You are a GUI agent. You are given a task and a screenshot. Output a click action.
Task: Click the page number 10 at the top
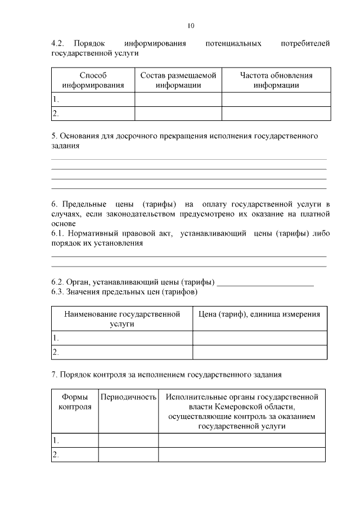(x=191, y=25)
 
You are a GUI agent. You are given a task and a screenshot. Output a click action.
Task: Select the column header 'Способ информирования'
(x=93, y=80)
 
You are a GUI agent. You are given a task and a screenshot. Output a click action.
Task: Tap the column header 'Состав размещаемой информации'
(x=178, y=80)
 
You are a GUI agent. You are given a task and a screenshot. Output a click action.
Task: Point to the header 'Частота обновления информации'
(x=276, y=80)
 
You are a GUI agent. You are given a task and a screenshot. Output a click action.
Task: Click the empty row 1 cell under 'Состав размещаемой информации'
(x=178, y=100)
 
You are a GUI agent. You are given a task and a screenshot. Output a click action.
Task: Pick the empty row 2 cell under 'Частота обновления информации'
(x=276, y=114)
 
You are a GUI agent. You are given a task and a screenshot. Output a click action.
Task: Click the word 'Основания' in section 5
(x=78, y=136)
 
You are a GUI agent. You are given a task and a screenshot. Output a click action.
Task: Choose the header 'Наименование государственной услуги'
(x=122, y=319)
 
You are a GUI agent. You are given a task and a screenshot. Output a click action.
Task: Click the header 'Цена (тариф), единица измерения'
(x=259, y=314)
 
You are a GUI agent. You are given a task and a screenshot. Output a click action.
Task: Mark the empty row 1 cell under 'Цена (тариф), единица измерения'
(x=259, y=338)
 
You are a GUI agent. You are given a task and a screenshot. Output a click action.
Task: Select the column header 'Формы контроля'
(x=75, y=402)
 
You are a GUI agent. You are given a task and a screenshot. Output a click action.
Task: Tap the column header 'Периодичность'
(x=128, y=397)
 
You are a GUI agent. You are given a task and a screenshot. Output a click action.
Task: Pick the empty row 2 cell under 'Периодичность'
(x=128, y=454)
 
